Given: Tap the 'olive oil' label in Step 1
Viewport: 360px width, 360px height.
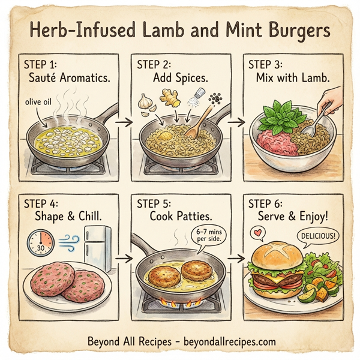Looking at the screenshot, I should tap(40, 101).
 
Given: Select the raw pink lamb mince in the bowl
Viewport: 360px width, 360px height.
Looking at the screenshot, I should tap(274, 142).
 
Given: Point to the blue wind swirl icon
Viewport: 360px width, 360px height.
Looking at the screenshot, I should tap(68, 244).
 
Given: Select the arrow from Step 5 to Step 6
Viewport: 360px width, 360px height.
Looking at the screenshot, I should tap(239, 260).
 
